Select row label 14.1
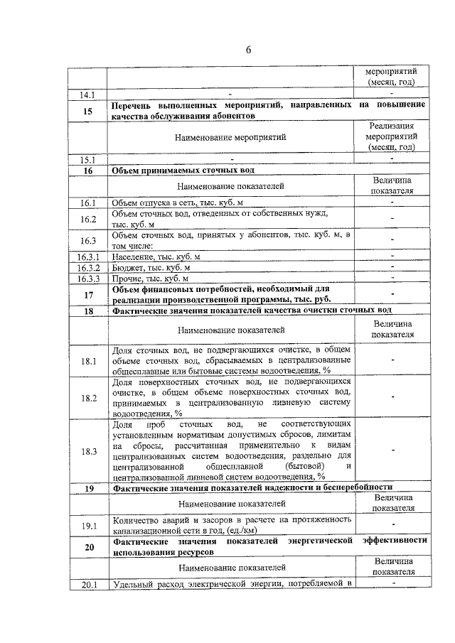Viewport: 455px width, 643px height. (88, 94)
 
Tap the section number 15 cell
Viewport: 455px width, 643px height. (88, 111)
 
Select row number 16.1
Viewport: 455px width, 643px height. (88, 204)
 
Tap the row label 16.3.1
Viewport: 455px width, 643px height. (88, 256)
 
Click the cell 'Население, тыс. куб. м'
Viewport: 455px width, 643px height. (157, 256)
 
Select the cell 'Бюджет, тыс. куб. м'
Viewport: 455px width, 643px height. (151, 268)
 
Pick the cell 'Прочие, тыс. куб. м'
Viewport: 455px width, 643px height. (151, 279)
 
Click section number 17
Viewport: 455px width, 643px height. (88, 295)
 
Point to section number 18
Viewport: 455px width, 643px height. (88, 310)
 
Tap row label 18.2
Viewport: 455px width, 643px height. (88, 398)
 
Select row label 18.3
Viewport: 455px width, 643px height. (88, 451)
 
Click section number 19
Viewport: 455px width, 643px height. (88, 487)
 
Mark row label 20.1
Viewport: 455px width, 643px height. (88, 585)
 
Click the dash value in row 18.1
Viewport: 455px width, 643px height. (392, 361)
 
